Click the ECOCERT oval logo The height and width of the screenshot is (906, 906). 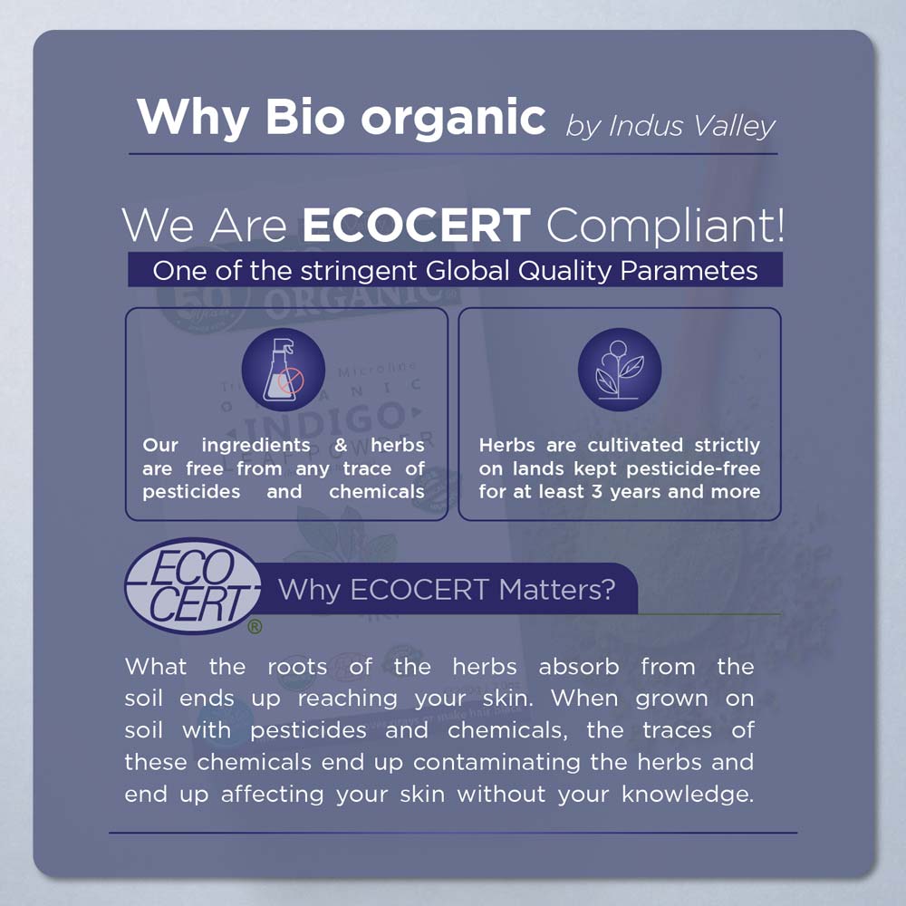[x=193, y=585]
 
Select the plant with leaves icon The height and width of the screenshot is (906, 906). [x=620, y=370]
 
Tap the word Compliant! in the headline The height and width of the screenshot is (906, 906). [x=665, y=226]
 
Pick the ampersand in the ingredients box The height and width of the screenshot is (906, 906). [x=341, y=445]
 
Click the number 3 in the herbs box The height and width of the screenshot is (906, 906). [x=597, y=492]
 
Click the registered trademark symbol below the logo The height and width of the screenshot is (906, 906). [x=255, y=626]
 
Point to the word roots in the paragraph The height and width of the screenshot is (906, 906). [x=297, y=667]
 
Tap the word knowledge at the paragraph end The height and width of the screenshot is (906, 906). [x=688, y=795]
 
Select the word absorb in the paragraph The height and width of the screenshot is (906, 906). [x=579, y=667]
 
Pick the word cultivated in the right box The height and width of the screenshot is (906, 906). [x=636, y=445]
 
